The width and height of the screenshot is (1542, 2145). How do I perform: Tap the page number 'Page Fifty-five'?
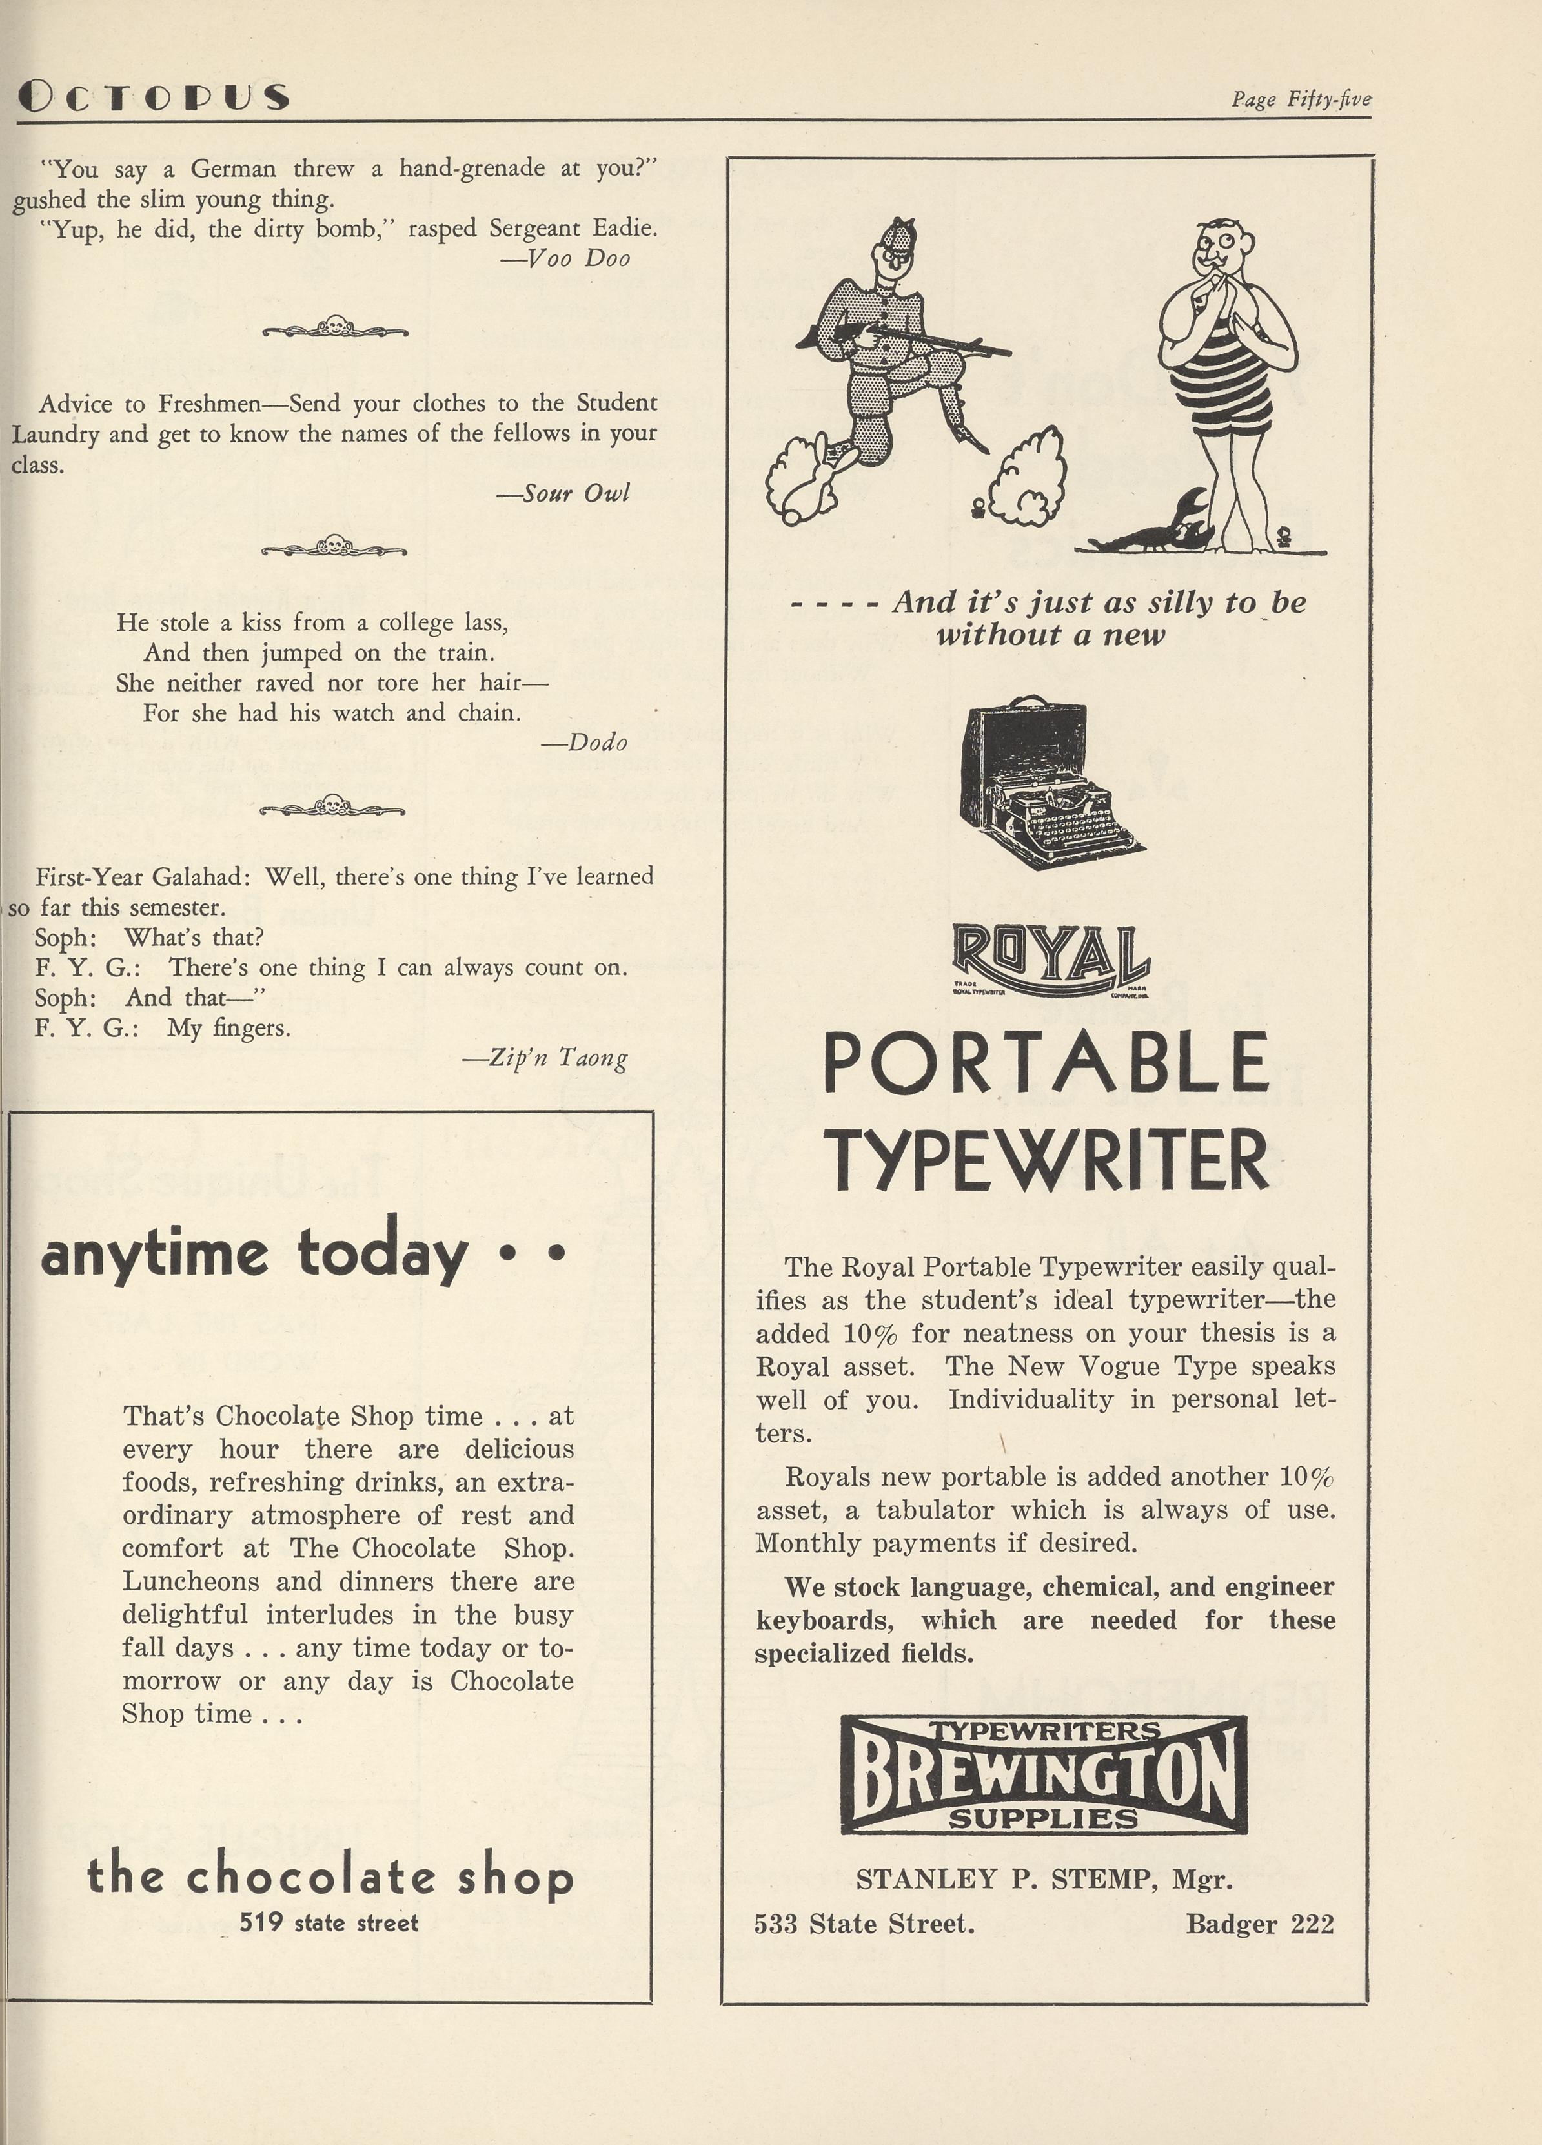pos(1300,99)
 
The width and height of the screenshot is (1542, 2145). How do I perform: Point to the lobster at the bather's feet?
pos(1156,527)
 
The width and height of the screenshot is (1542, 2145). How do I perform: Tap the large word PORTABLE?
pos(1046,1062)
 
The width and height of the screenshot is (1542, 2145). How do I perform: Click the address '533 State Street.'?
pos(864,1924)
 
